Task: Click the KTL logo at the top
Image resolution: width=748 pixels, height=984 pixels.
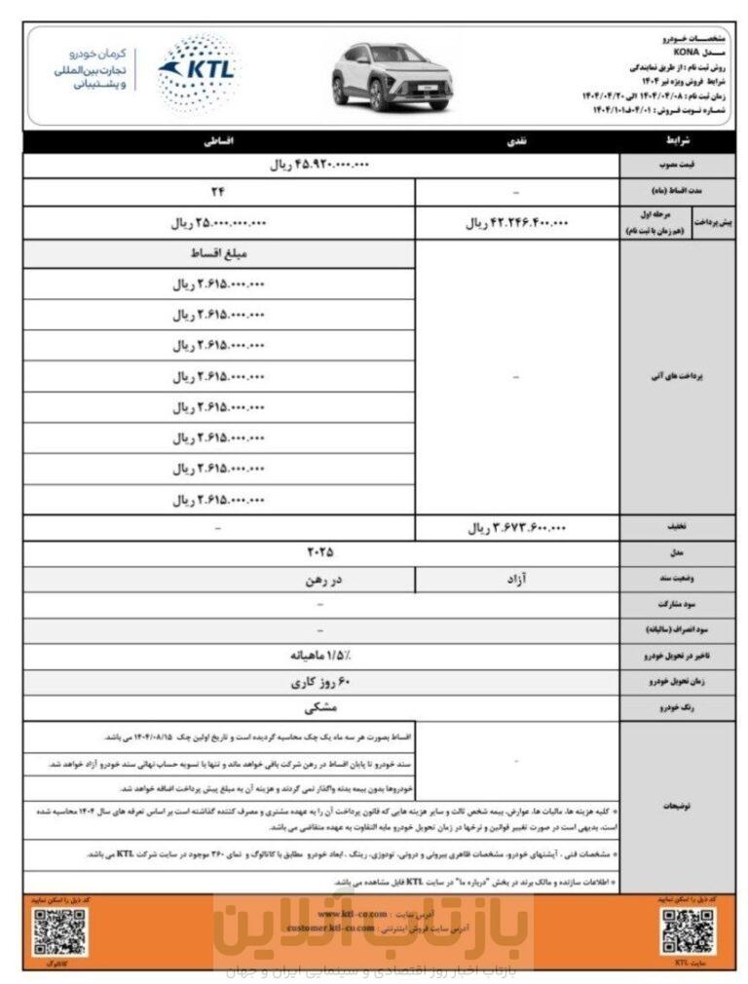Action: click(197, 73)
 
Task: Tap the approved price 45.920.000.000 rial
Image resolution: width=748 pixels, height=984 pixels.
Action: click(320, 166)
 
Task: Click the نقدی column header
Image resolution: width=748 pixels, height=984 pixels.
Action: click(516, 142)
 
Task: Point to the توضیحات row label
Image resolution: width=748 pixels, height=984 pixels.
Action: click(682, 806)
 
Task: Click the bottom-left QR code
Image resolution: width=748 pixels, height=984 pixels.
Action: click(56, 932)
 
